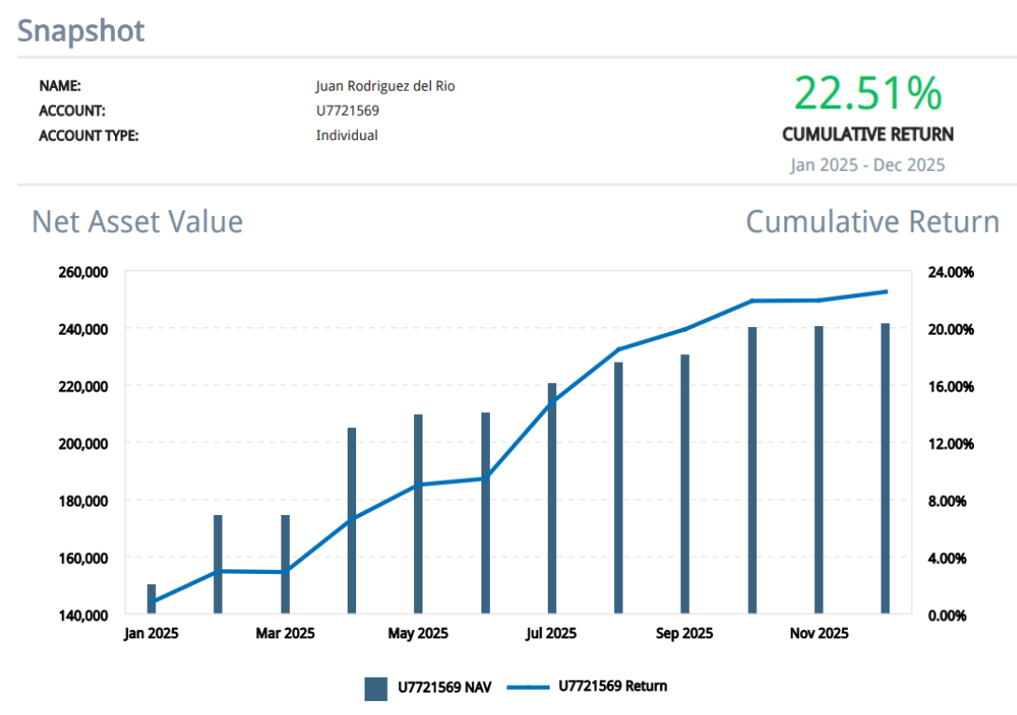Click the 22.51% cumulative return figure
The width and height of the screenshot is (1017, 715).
point(867,94)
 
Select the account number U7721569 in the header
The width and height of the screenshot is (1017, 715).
point(348,111)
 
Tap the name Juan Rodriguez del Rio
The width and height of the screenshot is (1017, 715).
point(385,87)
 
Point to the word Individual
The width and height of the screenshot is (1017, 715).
point(347,136)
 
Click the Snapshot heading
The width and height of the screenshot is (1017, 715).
point(81,31)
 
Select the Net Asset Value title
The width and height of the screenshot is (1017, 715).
point(137,222)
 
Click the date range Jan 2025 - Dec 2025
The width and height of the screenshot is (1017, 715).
point(867,165)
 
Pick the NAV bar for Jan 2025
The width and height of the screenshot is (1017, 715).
point(151,600)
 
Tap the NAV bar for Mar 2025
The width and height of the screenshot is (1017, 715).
point(285,565)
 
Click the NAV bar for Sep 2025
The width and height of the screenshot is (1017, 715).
point(684,484)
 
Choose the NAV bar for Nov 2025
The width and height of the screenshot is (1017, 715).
point(818,470)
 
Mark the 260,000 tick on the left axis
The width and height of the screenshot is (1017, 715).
point(84,272)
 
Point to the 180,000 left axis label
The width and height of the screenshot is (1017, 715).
point(84,501)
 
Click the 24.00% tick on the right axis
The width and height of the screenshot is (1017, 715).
point(951,272)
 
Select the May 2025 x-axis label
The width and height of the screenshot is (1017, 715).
point(418,634)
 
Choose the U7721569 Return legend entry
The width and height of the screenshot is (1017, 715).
point(587,687)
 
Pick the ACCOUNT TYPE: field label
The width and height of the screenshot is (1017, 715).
point(89,136)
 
